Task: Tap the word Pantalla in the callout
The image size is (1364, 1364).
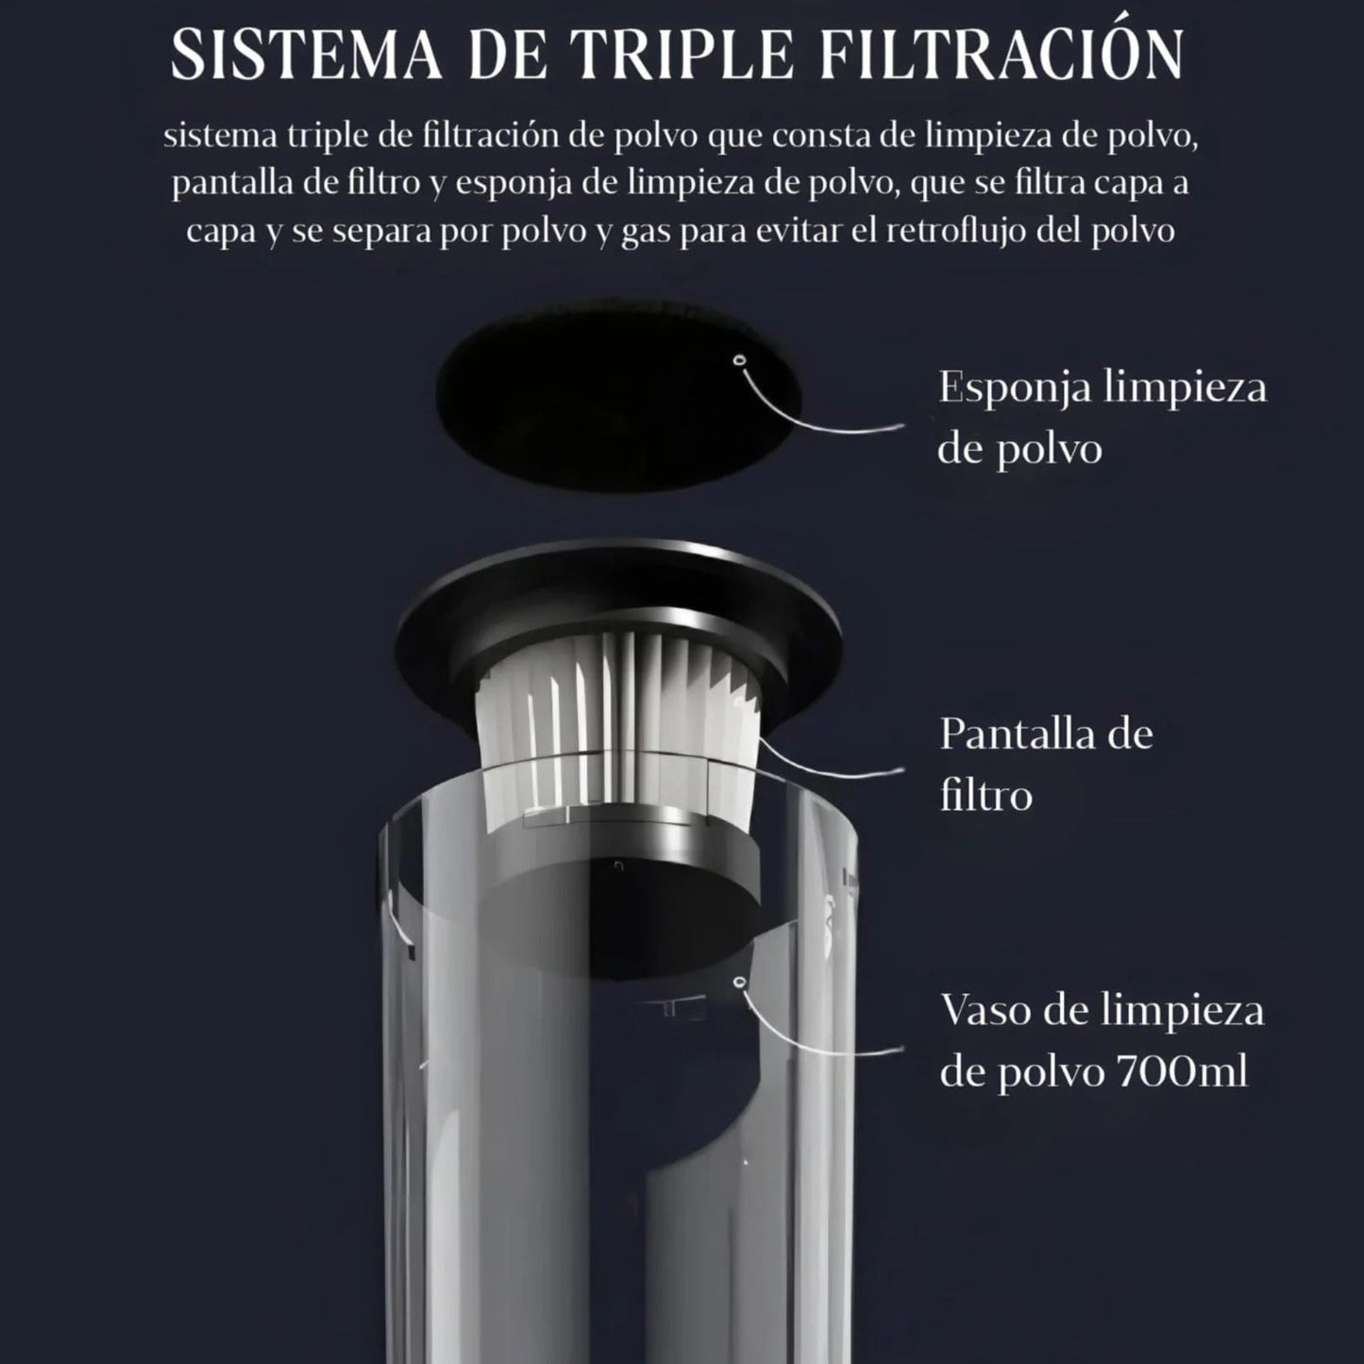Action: click(x=1008, y=734)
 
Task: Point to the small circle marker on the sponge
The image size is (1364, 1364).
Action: click(x=739, y=360)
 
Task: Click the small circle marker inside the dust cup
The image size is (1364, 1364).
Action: click(x=739, y=983)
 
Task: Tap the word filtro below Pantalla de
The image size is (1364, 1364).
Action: click(x=985, y=795)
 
